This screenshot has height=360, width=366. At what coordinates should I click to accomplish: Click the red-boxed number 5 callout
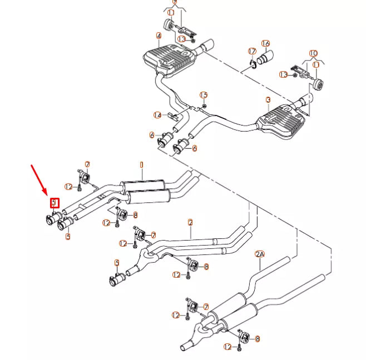[54, 203]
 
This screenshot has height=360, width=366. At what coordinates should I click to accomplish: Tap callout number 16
[265, 43]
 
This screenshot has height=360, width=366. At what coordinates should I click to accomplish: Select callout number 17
[251, 52]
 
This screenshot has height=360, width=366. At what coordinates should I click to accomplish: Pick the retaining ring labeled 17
[253, 64]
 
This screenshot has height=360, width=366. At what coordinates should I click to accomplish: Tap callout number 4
[159, 36]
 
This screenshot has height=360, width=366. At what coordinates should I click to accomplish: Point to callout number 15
[204, 95]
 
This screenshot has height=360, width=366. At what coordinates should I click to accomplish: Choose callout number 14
[157, 115]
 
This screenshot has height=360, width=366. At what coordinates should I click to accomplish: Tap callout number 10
[313, 53]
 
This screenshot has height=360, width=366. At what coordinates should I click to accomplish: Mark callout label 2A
[260, 254]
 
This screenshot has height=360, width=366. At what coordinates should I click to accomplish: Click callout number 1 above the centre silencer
[141, 165]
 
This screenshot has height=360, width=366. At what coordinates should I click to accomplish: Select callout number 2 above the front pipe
[190, 222]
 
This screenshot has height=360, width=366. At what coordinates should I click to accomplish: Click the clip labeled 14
[173, 117]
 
